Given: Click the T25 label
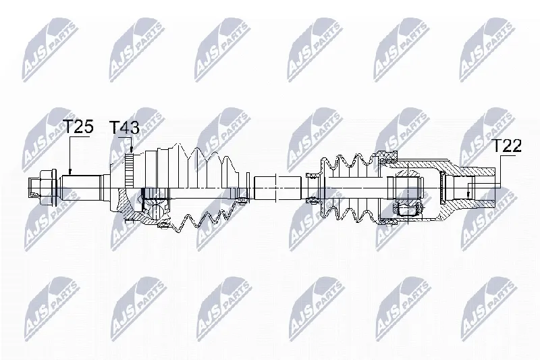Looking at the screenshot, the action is [x=79, y=126].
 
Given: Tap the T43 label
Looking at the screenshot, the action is [x=124, y=128].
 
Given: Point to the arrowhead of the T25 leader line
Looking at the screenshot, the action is [x=70, y=172].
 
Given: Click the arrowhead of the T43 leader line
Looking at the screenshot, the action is [x=132, y=149].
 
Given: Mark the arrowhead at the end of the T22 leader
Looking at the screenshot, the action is [x=468, y=194].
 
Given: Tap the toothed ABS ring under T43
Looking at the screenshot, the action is [x=129, y=170].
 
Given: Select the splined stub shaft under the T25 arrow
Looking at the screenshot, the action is [x=81, y=188].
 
